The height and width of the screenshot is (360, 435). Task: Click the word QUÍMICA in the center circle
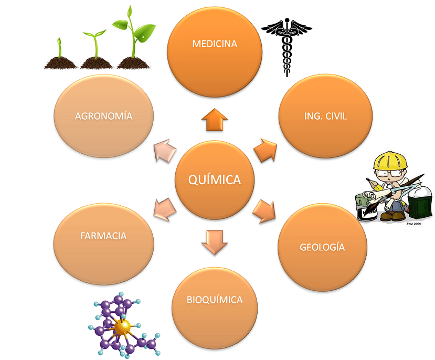[x=214, y=180]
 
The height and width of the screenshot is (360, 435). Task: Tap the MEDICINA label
[x=215, y=44]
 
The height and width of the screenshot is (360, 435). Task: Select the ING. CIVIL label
[x=325, y=116]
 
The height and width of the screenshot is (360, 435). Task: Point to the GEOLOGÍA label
[x=322, y=247]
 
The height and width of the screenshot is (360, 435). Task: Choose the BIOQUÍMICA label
[x=215, y=300]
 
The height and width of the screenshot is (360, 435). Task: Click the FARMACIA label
[x=103, y=236]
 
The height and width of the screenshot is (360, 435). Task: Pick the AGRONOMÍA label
[x=103, y=116]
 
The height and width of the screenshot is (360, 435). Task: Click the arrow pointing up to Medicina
[x=214, y=120]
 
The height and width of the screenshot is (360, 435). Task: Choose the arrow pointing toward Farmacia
[x=164, y=210]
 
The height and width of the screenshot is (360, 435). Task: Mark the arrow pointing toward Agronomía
[x=164, y=151]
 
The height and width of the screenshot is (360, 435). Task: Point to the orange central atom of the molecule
[x=122, y=326]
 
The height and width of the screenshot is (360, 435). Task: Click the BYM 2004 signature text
[x=414, y=224]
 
